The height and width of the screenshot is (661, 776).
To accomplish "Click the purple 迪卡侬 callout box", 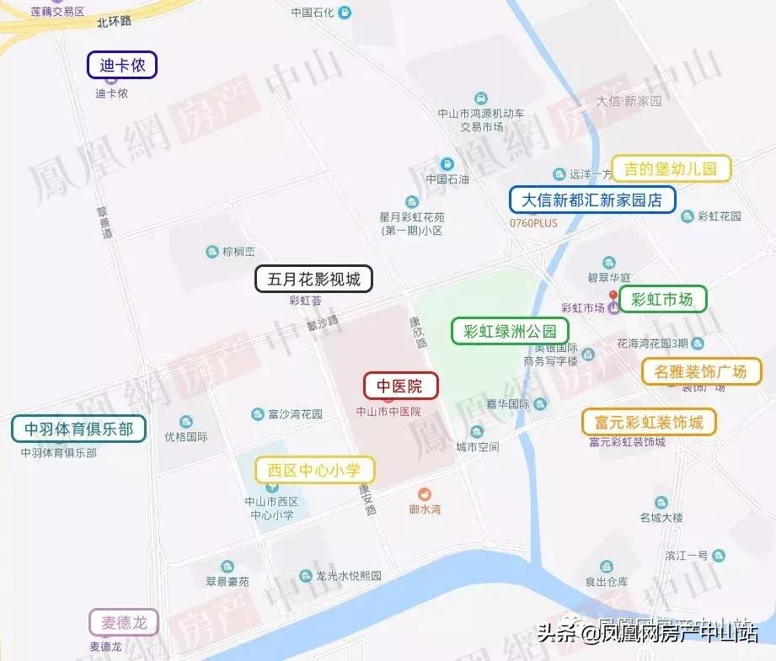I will [x=122, y=65].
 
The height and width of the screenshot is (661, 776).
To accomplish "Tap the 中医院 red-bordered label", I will [x=400, y=386].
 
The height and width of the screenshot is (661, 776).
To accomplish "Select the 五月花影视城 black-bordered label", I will [x=313, y=280].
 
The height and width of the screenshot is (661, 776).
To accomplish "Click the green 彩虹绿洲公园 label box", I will [x=504, y=331].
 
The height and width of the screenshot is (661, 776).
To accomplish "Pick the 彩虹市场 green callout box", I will [x=662, y=298].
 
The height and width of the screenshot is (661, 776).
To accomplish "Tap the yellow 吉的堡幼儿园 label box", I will [x=670, y=168].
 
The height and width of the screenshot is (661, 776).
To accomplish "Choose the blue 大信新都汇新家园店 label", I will [x=591, y=200].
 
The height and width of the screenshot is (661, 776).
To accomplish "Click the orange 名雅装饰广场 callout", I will [x=701, y=371].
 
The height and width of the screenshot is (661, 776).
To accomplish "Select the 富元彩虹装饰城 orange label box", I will [x=649, y=422].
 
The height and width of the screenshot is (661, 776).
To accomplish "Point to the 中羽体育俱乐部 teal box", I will [x=78, y=429].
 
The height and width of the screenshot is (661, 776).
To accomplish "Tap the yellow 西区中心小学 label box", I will [x=314, y=470].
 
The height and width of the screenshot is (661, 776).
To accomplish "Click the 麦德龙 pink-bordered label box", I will [x=123, y=622].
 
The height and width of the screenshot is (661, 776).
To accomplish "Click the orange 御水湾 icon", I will [x=425, y=493].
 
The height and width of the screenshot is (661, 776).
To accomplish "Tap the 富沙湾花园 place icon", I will [x=258, y=414].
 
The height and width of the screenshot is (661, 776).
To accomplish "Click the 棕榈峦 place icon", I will [x=212, y=252].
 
